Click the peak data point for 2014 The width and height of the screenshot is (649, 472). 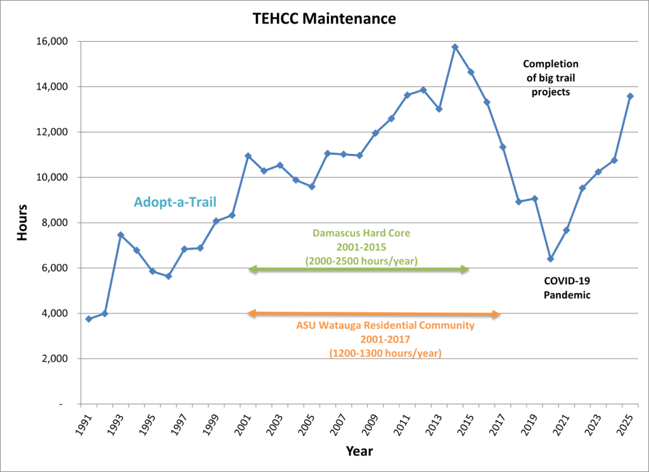(455, 47)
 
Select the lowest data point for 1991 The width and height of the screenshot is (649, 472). (89, 318)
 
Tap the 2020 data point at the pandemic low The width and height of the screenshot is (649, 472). (550, 259)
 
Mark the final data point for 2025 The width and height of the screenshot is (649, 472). (630, 96)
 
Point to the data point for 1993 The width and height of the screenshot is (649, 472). (120, 235)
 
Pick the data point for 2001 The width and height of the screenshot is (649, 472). (248, 156)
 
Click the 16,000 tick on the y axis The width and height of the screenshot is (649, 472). (55, 41)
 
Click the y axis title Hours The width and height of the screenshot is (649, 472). (22, 222)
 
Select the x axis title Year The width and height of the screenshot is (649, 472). (359, 452)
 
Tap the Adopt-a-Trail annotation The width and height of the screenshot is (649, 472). (175, 202)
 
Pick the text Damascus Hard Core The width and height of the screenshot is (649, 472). (361, 233)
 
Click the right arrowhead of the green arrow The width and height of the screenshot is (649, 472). (465, 270)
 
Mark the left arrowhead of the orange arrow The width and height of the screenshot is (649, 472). (252, 313)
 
